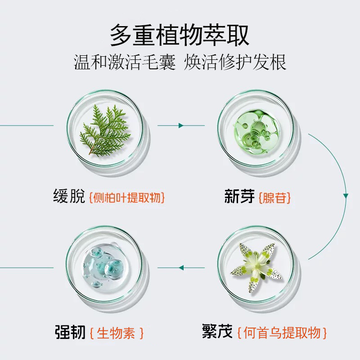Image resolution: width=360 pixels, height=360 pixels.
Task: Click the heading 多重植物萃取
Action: pyautogui.click(x=180, y=36)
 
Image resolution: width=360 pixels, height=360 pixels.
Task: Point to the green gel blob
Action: pyautogui.click(x=255, y=129)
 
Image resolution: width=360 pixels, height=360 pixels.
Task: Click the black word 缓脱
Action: pyautogui.click(x=69, y=197)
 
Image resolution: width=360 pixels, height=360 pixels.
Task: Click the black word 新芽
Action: pyautogui.click(x=239, y=197)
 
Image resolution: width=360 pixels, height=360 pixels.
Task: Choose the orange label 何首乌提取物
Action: pyautogui.click(x=282, y=333)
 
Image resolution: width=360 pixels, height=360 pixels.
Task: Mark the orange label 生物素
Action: pyautogui.click(x=117, y=333)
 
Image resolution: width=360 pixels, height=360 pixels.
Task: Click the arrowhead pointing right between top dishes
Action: pyautogui.click(x=181, y=126)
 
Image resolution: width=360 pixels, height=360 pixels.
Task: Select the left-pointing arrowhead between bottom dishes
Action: pyautogui.click(x=181, y=268)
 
